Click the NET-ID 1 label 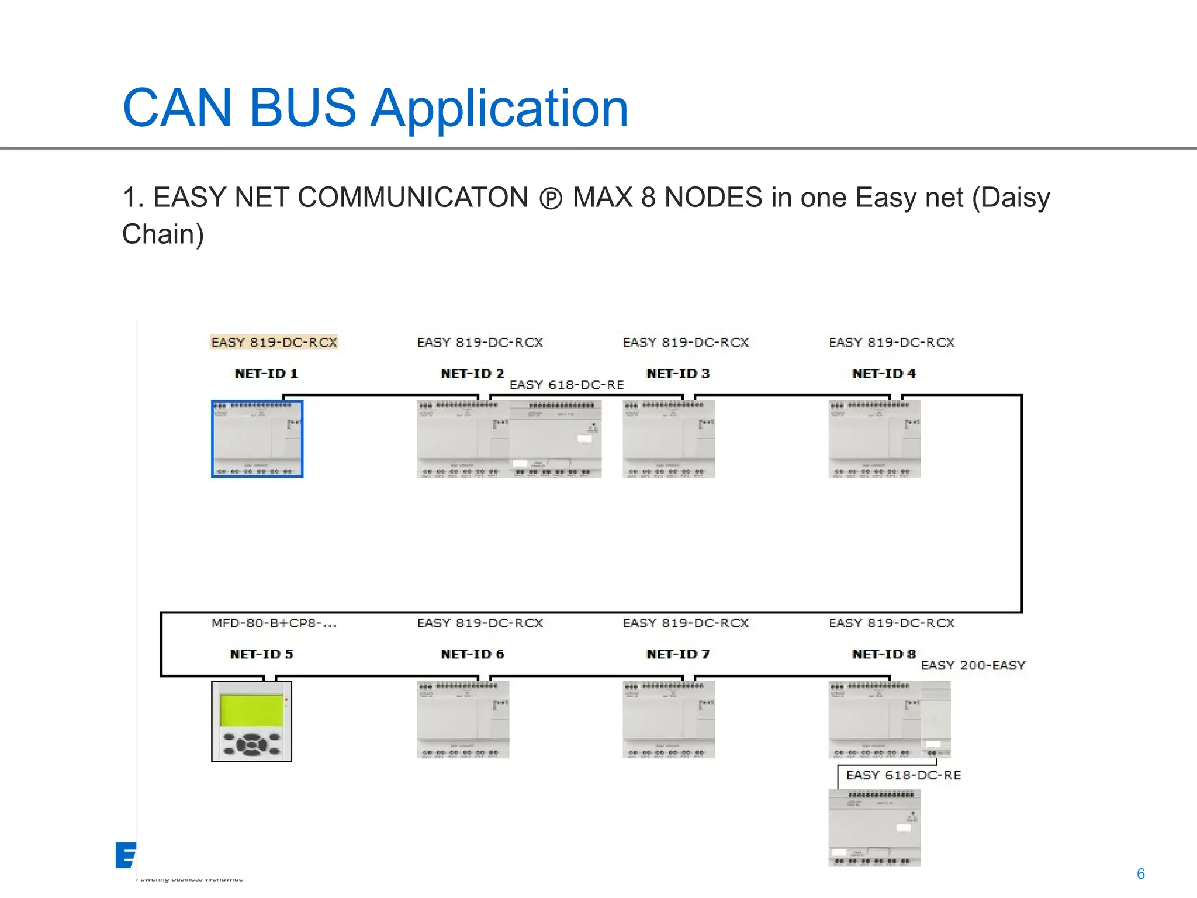pos(267,374)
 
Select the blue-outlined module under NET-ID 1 pos(257,439)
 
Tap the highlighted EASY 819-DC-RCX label pos(274,342)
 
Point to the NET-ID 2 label pos(472,374)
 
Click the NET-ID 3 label pos(678,374)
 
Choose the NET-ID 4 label pos(884,374)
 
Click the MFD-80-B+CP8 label pos(274,623)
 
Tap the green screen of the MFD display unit pos(251,710)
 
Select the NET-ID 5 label pos(262,654)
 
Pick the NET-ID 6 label pos(472,654)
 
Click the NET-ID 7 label pos(678,654)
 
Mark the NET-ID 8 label pos(884,654)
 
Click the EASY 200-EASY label pos(973,665)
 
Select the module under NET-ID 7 pos(669,720)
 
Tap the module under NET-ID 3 pos(669,439)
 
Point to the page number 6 pos(1140,873)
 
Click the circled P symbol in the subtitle pos(551,199)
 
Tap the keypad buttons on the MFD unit pos(252,744)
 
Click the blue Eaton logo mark pos(126,855)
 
